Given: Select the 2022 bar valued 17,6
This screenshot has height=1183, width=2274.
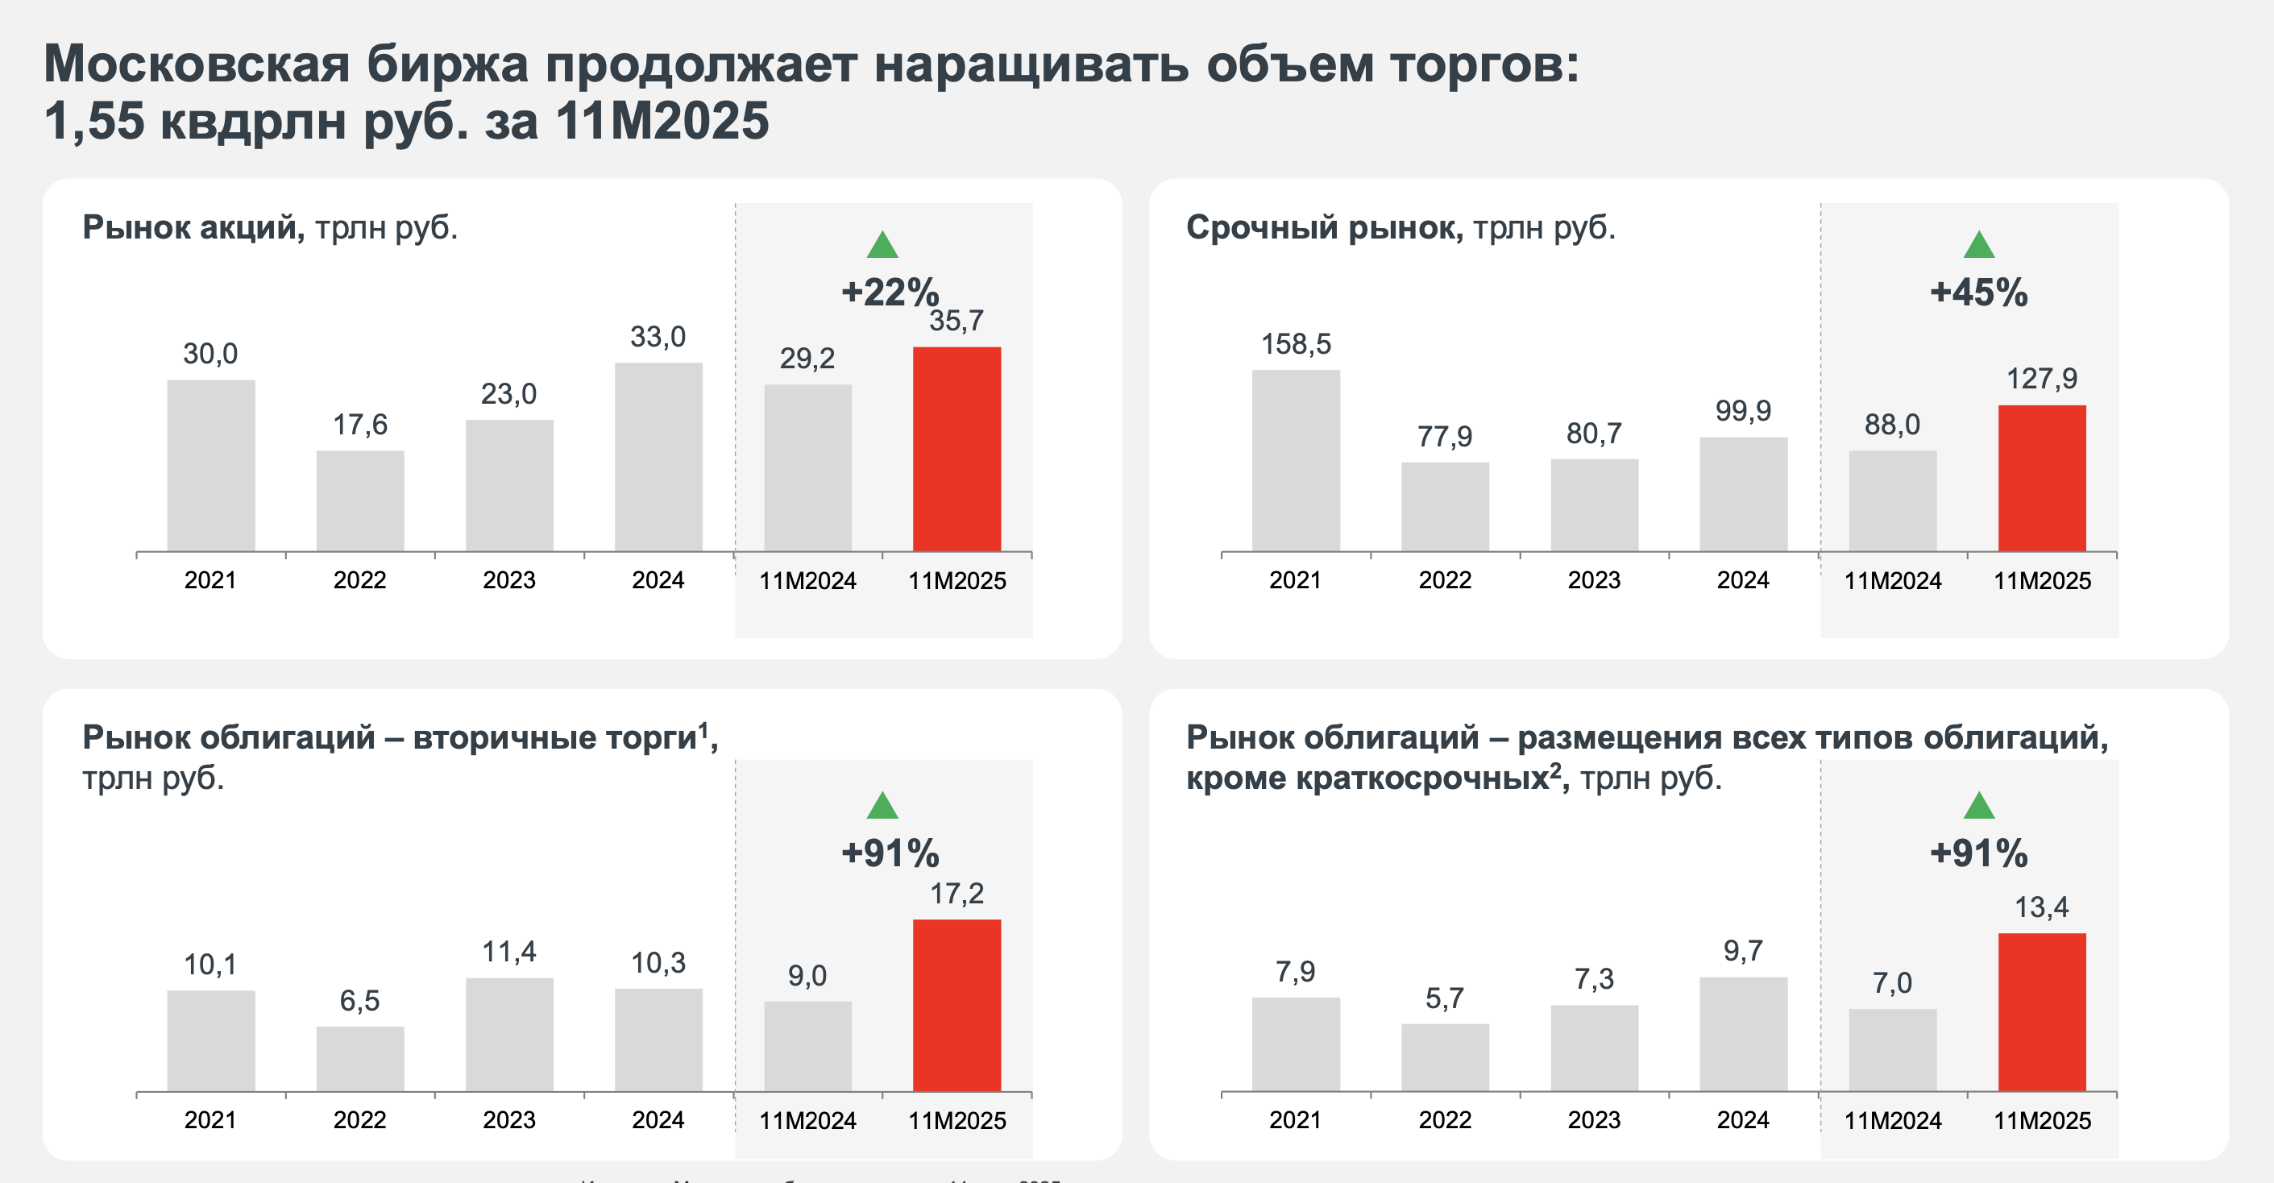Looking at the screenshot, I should point(360,500).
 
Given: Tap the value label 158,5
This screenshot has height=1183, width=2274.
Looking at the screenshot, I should point(1295,343).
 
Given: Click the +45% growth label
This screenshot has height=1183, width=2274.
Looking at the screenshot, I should point(1978,293).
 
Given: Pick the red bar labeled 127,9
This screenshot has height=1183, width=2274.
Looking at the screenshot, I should point(2042,478).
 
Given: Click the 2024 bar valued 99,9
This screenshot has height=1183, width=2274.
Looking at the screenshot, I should point(1744,493).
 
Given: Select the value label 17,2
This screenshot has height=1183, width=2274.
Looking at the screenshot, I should point(957,894).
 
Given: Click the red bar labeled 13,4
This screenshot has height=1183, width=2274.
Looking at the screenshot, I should point(2042,1011).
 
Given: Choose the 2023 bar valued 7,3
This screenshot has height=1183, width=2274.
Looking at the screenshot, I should point(1594,1048).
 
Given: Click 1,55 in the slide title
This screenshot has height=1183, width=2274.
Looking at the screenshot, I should point(93,121).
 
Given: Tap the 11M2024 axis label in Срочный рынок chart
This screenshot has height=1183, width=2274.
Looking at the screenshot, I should point(1893,581).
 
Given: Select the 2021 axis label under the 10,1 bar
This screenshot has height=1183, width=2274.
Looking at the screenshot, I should point(210,1119).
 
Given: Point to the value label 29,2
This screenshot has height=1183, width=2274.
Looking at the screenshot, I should point(807,358).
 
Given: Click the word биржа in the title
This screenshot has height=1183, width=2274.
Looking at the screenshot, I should point(446,65).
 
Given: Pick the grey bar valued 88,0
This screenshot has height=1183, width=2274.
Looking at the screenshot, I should point(1893,500).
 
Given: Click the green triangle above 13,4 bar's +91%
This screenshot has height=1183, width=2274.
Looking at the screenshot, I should point(1978,806).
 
